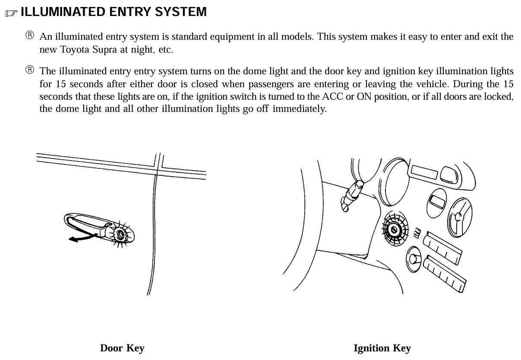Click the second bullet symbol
(29, 70)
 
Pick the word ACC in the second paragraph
(333, 96)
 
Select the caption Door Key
(122, 348)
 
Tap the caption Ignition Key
(382, 348)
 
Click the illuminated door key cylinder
(120, 234)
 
